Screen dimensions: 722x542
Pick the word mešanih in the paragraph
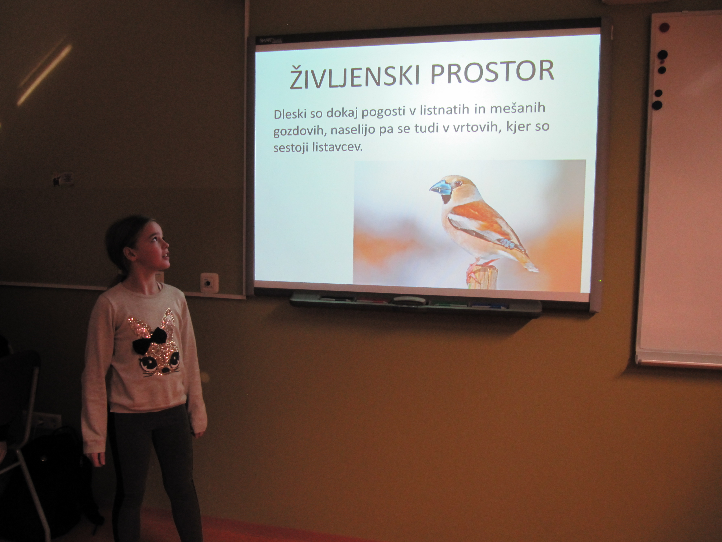518,108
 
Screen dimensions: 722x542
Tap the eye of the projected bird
459,183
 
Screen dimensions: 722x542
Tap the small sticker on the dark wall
65,179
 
